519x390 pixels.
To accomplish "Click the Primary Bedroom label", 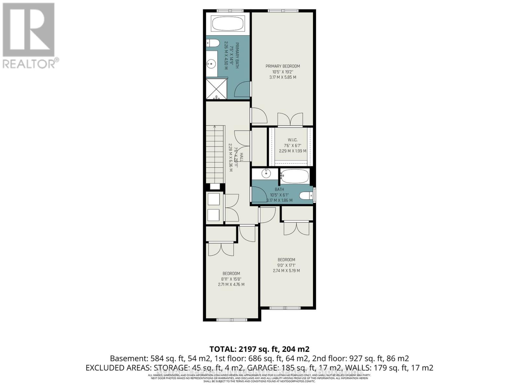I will click(x=283, y=66).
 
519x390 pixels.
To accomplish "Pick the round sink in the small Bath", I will click(x=266, y=174).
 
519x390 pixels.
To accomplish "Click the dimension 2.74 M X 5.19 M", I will click(x=286, y=270).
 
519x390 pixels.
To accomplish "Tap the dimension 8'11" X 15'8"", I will click(x=231, y=279).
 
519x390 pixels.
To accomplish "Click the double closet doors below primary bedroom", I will click(x=290, y=120).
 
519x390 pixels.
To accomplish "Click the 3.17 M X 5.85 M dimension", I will click(x=283, y=77).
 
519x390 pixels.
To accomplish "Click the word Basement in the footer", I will click(x=129, y=358).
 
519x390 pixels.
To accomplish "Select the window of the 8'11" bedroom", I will click(x=231, y=320).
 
